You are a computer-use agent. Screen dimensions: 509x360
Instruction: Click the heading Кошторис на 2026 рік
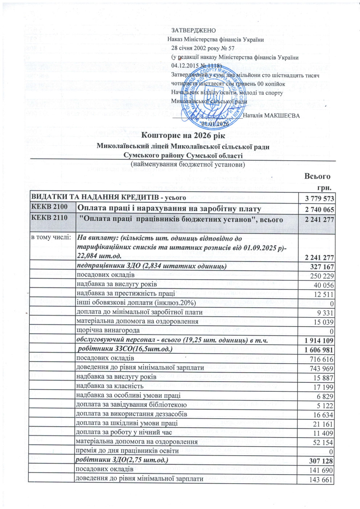point(183,136)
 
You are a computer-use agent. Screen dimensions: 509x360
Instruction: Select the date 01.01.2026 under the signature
point(216,124)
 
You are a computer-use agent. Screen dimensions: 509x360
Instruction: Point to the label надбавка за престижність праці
point(126,293)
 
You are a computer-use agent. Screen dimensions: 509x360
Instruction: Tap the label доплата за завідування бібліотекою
point(131,405)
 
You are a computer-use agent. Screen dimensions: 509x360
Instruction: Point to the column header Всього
point(317,176)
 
